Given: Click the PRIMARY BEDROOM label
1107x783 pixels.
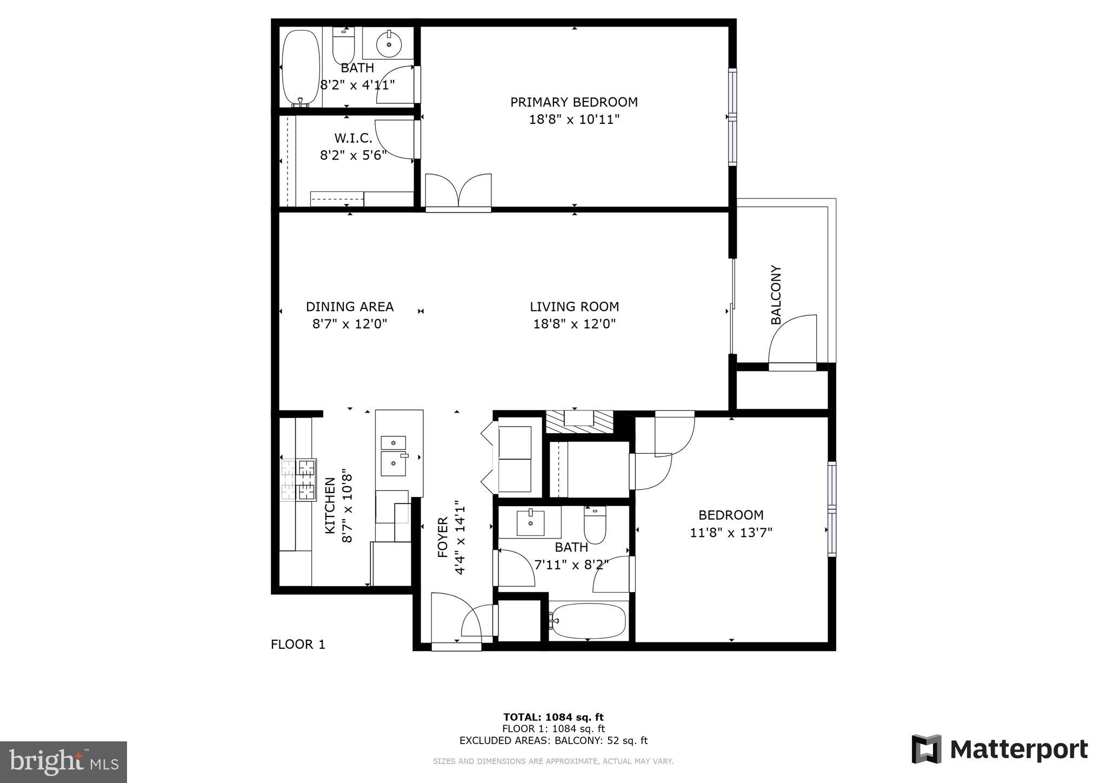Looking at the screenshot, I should point(573,102).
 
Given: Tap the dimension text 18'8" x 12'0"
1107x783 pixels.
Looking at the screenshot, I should point(574,324).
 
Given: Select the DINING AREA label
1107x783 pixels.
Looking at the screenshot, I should point(350,307).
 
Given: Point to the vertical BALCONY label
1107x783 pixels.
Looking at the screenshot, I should point(776,295).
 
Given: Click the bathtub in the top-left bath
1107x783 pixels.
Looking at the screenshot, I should point(301,68).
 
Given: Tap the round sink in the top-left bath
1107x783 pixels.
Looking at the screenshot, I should point(389,43).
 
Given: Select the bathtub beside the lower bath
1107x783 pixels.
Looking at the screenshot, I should point(589,621).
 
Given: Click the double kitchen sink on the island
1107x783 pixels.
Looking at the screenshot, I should point(394,456).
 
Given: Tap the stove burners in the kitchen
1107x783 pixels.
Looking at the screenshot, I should point(299,480).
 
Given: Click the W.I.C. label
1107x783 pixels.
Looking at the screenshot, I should point(353,138).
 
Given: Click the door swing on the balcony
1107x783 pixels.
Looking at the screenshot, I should point(792,342).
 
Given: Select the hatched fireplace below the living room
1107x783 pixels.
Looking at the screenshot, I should point(579,421).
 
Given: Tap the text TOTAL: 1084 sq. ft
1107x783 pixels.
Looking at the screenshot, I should point(553,718).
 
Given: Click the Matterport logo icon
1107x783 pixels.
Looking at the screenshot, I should point(926,749).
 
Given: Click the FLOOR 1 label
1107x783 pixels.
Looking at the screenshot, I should point(298,645).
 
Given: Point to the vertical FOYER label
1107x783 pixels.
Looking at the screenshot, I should point(443,538).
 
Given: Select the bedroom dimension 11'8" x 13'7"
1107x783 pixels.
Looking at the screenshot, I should point(731,533).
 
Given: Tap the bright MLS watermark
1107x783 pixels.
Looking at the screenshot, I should point(63,762).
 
